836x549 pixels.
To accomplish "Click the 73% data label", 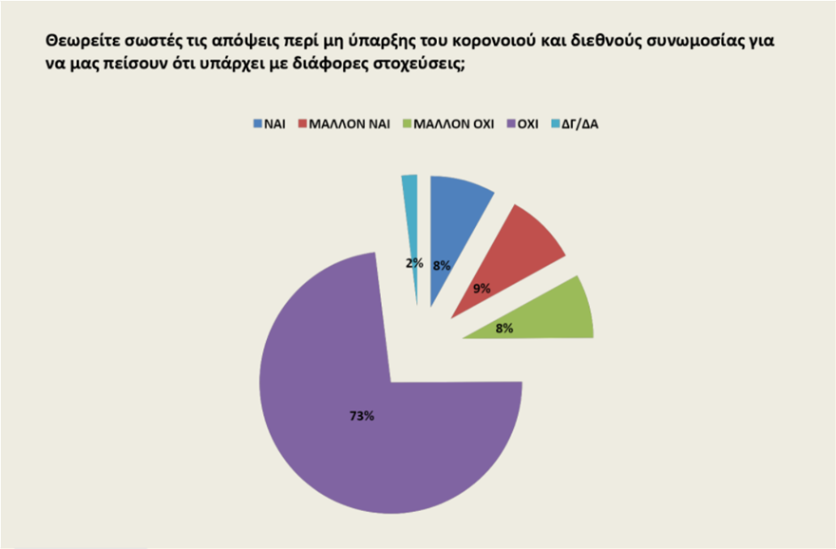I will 361,415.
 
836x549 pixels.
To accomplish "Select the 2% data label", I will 414,263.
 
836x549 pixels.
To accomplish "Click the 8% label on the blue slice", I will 441,266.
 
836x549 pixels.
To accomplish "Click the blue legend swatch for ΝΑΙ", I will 258,123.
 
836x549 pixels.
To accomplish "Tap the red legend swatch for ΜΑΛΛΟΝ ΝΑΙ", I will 304,123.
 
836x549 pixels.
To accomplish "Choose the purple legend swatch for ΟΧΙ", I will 510,123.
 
